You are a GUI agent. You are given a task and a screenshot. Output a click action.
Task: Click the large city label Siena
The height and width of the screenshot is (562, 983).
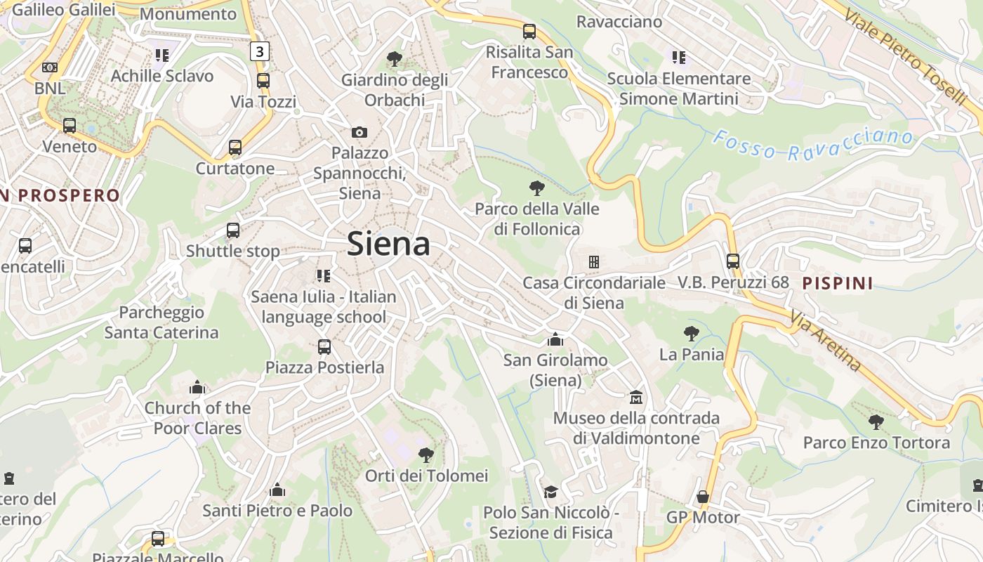click(x=388, y=244)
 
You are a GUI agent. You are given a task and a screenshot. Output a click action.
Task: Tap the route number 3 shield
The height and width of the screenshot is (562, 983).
click(x=260, y=51)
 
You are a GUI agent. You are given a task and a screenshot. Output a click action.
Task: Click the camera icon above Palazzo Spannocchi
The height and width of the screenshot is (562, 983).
click(x=359, y=132)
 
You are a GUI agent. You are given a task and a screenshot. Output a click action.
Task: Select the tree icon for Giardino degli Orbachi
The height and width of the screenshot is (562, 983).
click(x=395, y=59)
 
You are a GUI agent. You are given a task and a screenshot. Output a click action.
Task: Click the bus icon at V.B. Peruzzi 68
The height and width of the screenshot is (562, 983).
click(x=733, y=261)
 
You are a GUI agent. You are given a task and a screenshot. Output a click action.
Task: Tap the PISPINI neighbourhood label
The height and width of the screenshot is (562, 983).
click(x=838, y=283)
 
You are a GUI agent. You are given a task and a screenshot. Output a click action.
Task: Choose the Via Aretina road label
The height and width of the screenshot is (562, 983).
click(x=825, y=341)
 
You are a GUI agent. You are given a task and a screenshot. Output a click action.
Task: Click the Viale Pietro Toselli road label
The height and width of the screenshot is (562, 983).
click(x=906, y=56)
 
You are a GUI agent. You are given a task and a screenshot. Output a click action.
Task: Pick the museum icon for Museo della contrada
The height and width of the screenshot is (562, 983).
click(x=636, y=397)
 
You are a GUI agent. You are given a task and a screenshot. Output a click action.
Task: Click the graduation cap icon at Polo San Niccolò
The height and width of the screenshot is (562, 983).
click(x=550, y=492)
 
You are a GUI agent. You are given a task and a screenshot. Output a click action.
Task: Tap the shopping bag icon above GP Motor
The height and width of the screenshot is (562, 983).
click(x=702, y=497)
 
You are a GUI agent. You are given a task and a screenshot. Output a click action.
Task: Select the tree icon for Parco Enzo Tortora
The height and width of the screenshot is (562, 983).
click(x=876, y=421)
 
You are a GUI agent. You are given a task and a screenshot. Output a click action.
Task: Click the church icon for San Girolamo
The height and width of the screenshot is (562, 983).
click(x=555, y=339)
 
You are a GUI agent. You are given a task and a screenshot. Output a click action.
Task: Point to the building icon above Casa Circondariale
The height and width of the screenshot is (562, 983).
click(x=594, y=262)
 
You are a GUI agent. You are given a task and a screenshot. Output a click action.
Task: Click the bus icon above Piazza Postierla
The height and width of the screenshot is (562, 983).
click(x=324, y=346)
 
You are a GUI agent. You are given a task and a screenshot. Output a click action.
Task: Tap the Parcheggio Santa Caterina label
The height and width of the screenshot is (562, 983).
click(x=161, y=322)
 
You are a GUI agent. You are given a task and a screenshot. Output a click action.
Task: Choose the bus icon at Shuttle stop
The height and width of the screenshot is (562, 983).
click(x=233, y=230)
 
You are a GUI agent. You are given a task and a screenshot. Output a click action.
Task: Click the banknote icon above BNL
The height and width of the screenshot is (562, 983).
click(x=50, y=67)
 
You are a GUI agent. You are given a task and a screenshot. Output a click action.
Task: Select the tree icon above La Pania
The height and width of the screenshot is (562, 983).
click(x=692, y=334)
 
